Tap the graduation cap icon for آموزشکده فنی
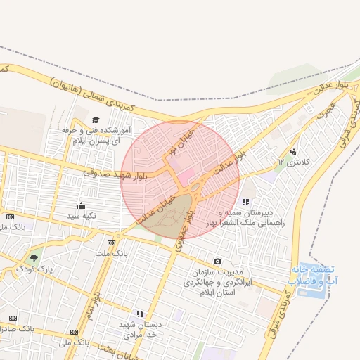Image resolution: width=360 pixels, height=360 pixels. (96, 120)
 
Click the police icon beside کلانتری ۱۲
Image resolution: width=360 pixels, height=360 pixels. (293, 150)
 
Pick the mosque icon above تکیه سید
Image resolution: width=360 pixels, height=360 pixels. (81, 206)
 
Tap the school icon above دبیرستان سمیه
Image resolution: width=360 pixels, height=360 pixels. (245, 202)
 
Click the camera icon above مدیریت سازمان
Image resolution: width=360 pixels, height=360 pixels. (217, 262)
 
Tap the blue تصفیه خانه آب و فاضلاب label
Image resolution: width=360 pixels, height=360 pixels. (311, 275)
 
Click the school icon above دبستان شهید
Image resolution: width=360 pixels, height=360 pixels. (139, 314)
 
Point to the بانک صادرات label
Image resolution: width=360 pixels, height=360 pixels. (15, 328)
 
